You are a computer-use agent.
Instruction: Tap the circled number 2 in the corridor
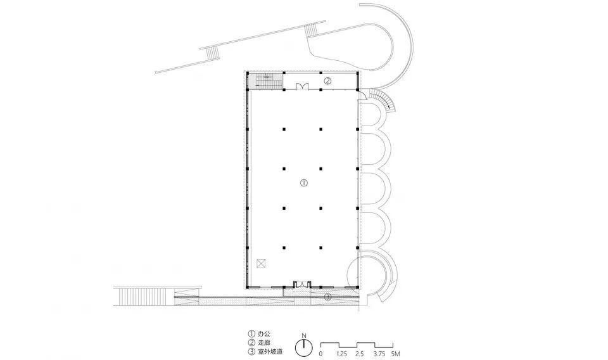pos(327,81)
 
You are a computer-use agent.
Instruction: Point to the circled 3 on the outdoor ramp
pos(327,297)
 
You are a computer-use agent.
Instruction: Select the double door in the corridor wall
pos(302,86)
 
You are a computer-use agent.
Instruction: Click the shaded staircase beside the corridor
pos(265,80)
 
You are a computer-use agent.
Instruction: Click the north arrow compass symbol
pos(305,347)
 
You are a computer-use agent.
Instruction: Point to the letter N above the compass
pos(305,335)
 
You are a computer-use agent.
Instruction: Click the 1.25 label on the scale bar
pos(341,354)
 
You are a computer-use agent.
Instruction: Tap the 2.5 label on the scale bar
pos(360,354)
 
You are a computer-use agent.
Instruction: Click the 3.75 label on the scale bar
pos(379,354)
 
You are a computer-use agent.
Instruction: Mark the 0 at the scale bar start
pos(320,354)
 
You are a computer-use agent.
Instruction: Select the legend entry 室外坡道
pos(270,352)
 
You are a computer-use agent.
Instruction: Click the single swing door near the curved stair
pos(360,95)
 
